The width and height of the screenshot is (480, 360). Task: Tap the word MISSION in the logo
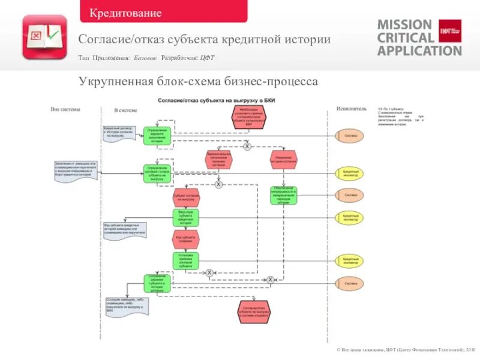click(x=404, y=25)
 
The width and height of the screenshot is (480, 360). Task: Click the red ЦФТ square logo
click(x=450, y=31)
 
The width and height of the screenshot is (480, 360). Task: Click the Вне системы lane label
click(x=65, y=109)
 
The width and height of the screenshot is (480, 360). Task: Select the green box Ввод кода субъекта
click(x=185, y=218)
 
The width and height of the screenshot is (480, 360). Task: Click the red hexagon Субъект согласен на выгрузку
click(x=185, y=196)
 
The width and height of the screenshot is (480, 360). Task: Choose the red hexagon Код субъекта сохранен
click(x=185, y=239)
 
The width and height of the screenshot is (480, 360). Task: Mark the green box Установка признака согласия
click(x=185, y=260)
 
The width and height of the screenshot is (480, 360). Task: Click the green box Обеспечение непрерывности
click(x=284, y=195)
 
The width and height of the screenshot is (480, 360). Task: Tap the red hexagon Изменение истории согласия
click(x=284, y=159)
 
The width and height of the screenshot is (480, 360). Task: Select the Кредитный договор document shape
click(x=118, y=132)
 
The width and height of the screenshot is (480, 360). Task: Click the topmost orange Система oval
click(x=350, y=136)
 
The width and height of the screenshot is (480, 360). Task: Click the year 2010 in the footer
click(x=469, y=349)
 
